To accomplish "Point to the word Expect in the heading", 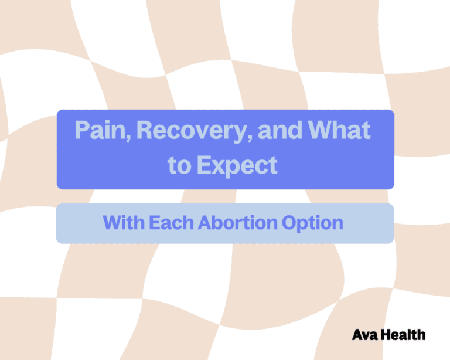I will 237,165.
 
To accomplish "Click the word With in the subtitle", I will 123,223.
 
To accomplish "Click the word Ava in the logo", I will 363,335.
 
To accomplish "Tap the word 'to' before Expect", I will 179,165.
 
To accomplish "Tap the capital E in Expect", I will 203,165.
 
